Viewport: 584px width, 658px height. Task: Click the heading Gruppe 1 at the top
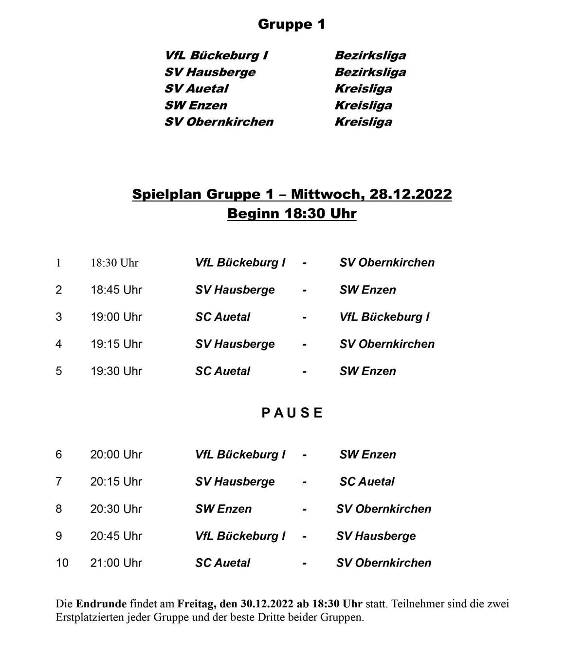292,24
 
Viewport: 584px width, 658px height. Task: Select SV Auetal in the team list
196,89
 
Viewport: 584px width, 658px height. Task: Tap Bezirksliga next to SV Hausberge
370,72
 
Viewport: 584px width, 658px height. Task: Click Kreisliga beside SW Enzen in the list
363,105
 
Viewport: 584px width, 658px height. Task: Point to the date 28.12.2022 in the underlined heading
410,194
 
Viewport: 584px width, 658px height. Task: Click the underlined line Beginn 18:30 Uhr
292,214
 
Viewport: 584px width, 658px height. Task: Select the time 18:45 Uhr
116,290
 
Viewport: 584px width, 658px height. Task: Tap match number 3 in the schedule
59,317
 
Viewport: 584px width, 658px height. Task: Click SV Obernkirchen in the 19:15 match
387,344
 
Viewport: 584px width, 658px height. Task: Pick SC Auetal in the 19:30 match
222,371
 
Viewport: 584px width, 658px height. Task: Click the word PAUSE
292,413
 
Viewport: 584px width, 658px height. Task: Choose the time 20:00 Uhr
116,455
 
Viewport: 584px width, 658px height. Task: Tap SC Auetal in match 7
367,482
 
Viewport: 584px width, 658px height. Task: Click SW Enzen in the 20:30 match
223,509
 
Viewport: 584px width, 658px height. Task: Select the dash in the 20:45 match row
304,536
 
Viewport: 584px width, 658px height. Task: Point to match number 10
62,563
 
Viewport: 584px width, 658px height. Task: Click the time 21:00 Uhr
116,563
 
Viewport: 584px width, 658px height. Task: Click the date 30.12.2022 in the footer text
267,604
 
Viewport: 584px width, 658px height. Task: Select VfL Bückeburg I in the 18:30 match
240,263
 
